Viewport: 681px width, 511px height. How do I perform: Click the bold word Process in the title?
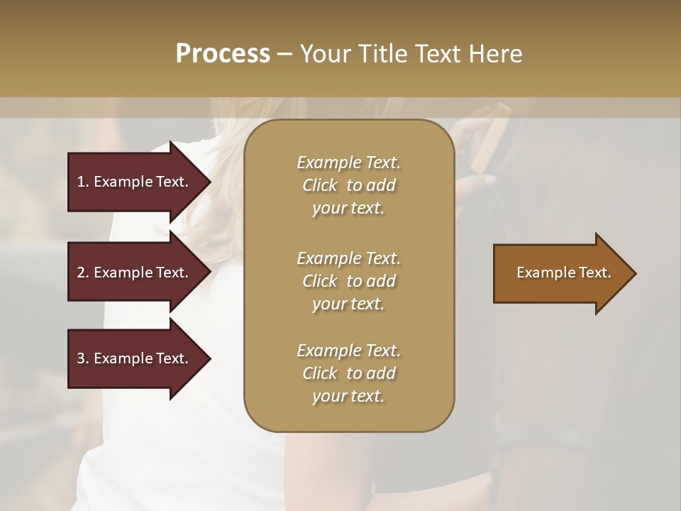click(x=223, y=54)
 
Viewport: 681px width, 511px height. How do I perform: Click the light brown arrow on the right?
click(x=560, y=273)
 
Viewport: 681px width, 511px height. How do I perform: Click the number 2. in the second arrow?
click(x=83, y=273)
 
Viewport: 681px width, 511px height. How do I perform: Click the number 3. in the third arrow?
click(x=83, y=358)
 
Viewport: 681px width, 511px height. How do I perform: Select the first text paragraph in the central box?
click(x=348, y=185)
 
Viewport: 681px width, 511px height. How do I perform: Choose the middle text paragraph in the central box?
click(x=348, y=281)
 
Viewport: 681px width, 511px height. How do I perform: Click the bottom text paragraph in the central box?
click(x=348, y=373)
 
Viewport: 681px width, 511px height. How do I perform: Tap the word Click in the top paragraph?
click(x=320, y=185)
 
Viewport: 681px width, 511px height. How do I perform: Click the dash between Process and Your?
click(x=285, y=54)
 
